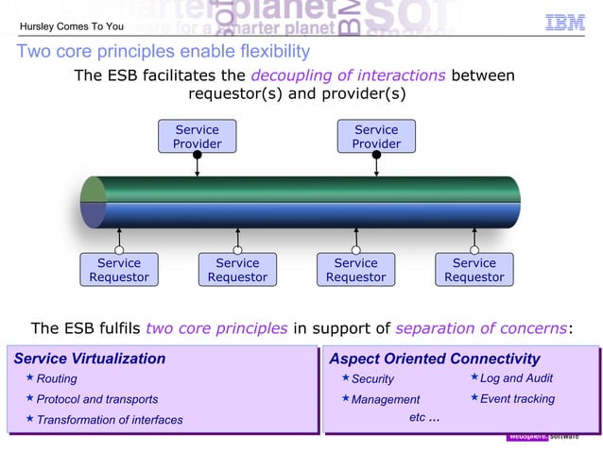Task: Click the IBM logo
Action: tap(565, 23)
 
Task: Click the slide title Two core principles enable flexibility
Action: tap(163, 51)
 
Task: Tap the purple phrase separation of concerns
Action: tap(482, 328)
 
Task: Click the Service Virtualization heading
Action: tap(90, 359)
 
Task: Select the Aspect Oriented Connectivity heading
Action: tap(434, 359)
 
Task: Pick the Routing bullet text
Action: tap(57, 379)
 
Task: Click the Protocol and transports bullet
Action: tap(97, 399)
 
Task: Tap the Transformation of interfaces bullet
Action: tap(110, 420)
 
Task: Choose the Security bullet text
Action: tap(372, 379)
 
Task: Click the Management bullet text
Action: tap(386, 400)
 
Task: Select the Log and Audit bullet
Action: tap(516, 378)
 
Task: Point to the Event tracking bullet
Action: tap(517, 399)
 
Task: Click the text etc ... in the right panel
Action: tap(423, 417)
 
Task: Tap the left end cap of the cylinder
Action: tap(93, 202)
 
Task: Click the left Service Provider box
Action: tap(197, 137)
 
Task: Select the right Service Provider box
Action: tap(376, 137)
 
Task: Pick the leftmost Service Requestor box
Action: tap(119, 270)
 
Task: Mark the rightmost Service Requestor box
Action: tap(474, 270)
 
